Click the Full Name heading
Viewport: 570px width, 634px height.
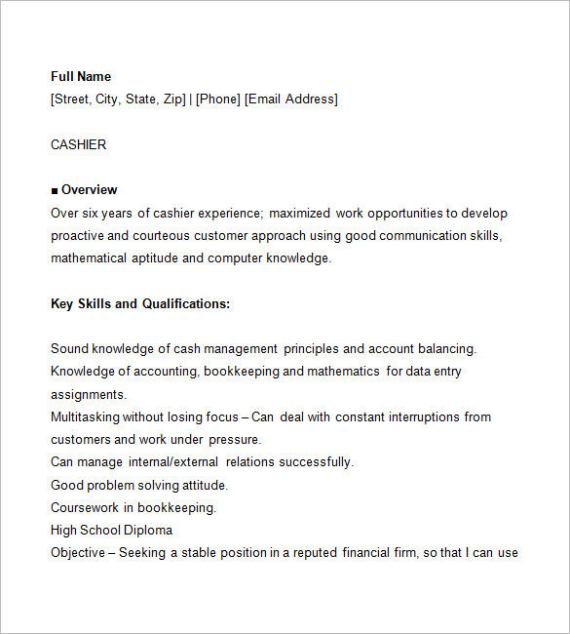[x=81, y=76]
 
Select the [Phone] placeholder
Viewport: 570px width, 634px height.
[x=218, y=99]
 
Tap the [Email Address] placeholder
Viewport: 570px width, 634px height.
[x=291, y=99]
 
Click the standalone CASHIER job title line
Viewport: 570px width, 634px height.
[x=79, y=144]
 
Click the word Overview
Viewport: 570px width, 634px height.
[x=89, y=189]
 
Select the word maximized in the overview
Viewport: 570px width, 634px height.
[x=299, y=213]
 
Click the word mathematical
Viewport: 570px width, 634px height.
[x=89, y=258]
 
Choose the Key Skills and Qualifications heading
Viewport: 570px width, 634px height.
[x=140, y=303]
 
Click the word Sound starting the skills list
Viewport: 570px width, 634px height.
[x=69, y=348]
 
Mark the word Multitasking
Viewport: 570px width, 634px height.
[x=85, y=416]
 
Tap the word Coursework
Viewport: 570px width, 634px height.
[x=85, y=507]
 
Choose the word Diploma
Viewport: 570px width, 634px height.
[x=148, y=530]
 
